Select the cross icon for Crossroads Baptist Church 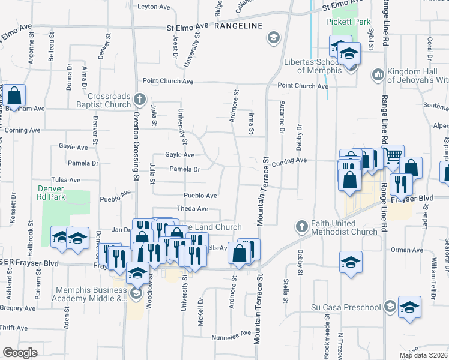coord(139,98)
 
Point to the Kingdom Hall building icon coord(378,74)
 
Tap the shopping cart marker coord(393,156)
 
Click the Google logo coord(20,353)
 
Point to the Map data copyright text coord(423,355)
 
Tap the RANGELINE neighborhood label coord(238,26)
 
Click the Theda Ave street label coord(191,209)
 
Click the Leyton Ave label coord(154,7)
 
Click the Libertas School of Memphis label coord(310,63)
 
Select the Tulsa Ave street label coord(65,180)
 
